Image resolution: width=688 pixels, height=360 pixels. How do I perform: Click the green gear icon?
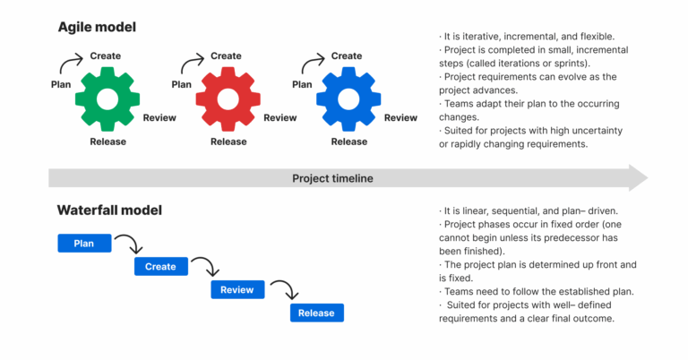[x=107, y=99]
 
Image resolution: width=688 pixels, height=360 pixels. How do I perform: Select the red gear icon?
[x=228, y=99]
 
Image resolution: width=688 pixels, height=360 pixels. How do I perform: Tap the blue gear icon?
[x=348, y=99]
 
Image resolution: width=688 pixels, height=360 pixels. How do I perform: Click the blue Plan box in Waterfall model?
[x=83, y=243]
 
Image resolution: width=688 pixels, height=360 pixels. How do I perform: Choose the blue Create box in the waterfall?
[x=160, y=266]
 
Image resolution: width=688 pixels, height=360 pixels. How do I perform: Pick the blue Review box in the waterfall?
[x=237, y=289]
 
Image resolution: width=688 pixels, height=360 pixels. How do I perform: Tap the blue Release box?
[x=316, y=313]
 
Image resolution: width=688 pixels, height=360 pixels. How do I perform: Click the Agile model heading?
[x=98, y=28]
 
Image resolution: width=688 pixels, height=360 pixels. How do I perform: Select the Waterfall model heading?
[x=109, y=210]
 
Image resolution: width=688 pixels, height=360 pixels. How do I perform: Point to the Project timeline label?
[x=332, y=178]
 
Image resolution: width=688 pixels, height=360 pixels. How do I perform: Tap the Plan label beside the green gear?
[x=61, y=84]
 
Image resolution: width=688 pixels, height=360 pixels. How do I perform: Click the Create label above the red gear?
[x=226, y=56]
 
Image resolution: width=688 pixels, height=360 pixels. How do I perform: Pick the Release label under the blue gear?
[x=348, y=141]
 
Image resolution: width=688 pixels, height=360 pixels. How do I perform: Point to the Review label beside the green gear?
[x=159, y=117]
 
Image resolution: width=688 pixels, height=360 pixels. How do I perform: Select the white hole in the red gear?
[x=228, y=99]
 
